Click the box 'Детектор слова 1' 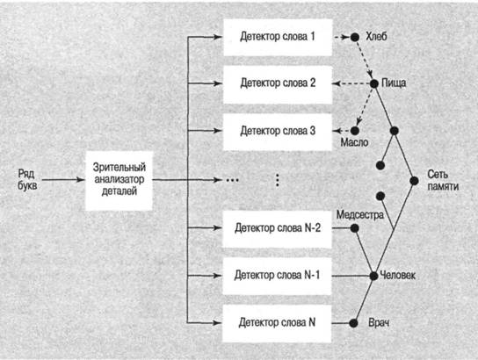click(x=278, y=38)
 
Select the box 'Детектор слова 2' click(x=278, y=84)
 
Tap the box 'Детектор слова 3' click(x=278, y=132)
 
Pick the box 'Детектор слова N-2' click(x=277, y=228)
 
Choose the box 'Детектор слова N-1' click(x=277, y=276)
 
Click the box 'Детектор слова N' click(x=277, y=323)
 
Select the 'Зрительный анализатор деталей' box click(x=119, y=181)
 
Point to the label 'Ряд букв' click(x=27, y=180)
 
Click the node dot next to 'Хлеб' click(x=354, y=37)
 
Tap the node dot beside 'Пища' click(x=374, y=83)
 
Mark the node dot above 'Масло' click(x=354, y=131)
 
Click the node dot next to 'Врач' click(x=353, y=323)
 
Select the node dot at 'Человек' click(x=373, y=276)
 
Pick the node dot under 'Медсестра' click(x=354, y=228)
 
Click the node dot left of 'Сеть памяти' click(x=414, y=181)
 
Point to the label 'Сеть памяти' click(x=443, y=180)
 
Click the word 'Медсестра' click(x=360, y=215)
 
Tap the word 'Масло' click(x=354, y=142)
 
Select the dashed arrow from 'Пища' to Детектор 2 click(x=351, y=83)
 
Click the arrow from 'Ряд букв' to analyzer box click(x=63, y=180)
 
